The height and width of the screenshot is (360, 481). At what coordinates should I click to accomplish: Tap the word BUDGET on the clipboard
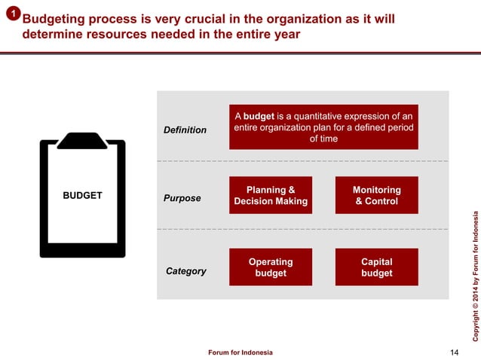click(82, 195)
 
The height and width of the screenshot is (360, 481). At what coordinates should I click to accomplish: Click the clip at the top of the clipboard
click(82, 140)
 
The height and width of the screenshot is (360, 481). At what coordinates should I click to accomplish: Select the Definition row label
click(185, 130)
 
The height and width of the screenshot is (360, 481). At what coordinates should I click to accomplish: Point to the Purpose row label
click(182, 198)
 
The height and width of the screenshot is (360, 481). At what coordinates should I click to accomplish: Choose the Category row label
click(185, 270)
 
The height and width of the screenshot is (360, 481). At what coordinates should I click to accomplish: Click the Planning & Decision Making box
click(271, 196)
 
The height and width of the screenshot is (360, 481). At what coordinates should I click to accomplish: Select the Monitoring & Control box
click(376, 196)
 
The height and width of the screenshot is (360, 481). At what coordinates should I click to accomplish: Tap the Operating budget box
click(271, 267)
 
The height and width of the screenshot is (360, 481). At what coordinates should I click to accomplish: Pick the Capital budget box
click(376, 267)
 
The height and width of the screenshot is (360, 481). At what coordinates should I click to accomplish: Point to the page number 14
click(453, 352)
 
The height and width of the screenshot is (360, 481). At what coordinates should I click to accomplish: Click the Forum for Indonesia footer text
click(240, 352)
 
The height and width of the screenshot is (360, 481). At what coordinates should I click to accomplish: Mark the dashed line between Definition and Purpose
click(302, 161)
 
